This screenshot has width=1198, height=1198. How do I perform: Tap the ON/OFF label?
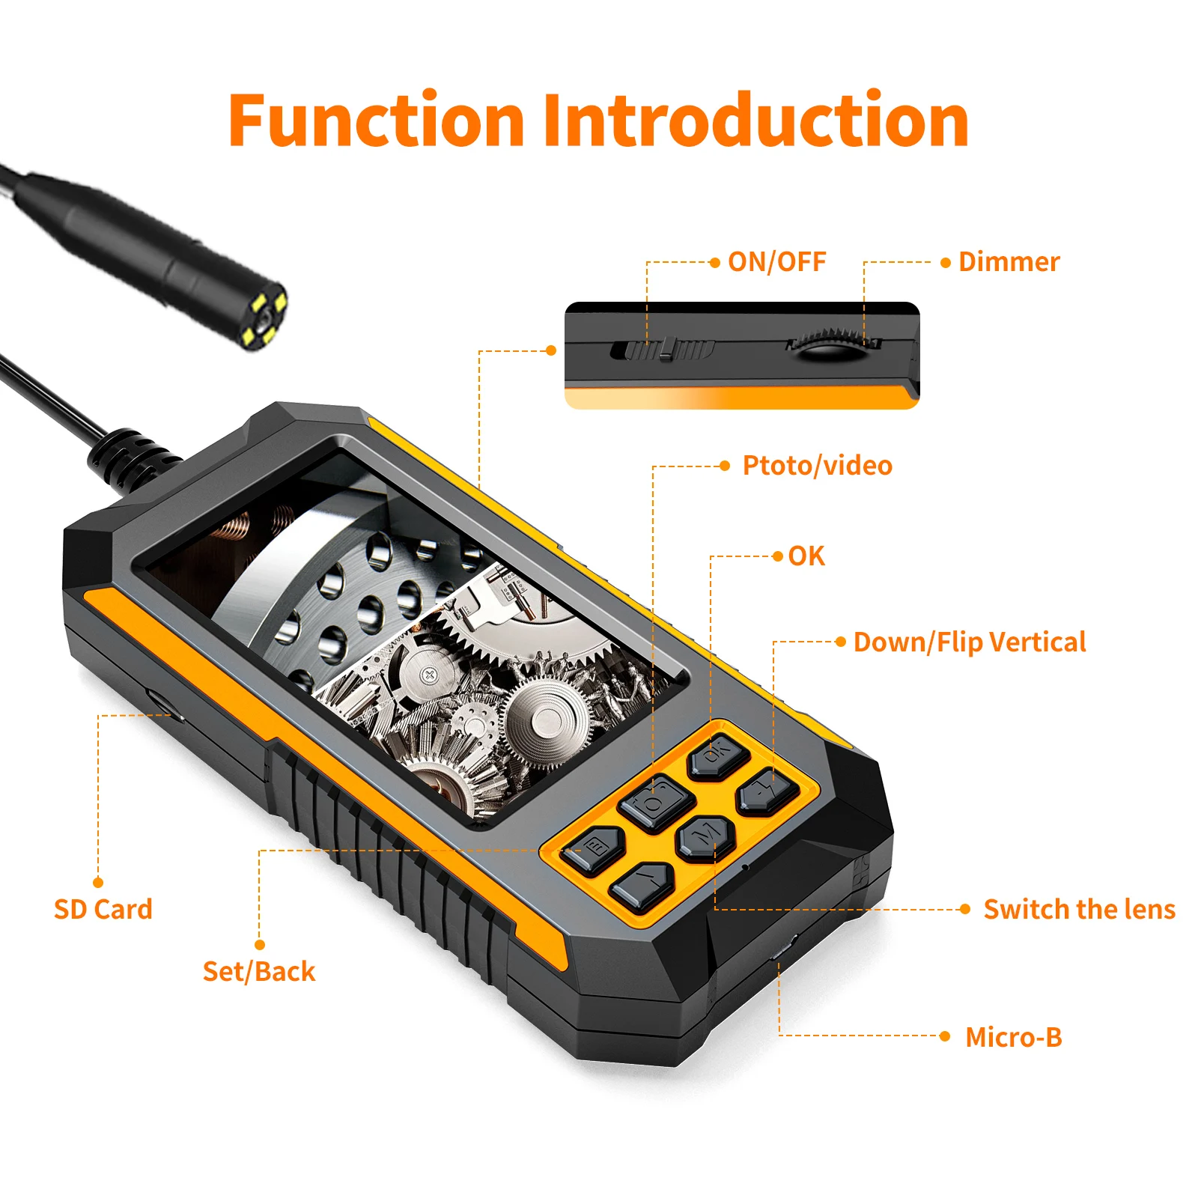(x=776, y=261)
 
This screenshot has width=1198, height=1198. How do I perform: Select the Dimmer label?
(x=1009, y=261)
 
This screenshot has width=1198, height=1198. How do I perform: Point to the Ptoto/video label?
(x=817, y=465)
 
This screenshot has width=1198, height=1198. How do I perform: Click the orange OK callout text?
(x=806, y=556)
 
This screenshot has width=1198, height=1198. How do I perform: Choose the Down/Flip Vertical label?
(x=970, y=642)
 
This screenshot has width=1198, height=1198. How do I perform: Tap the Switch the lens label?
(x=1079, y=909)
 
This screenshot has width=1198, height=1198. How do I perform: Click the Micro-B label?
(x=1013, y=1037)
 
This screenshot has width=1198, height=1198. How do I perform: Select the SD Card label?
(x=103, y=909)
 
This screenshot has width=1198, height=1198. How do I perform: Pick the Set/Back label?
(x=258, y=971)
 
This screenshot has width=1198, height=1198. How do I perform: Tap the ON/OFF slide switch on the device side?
(x=663, y=349)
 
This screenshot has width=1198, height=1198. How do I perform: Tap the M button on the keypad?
(x=705, y=836)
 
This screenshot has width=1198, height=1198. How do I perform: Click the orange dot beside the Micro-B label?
(x=945, y=1036)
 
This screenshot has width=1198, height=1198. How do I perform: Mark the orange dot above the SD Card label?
(x=98, y=882)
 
